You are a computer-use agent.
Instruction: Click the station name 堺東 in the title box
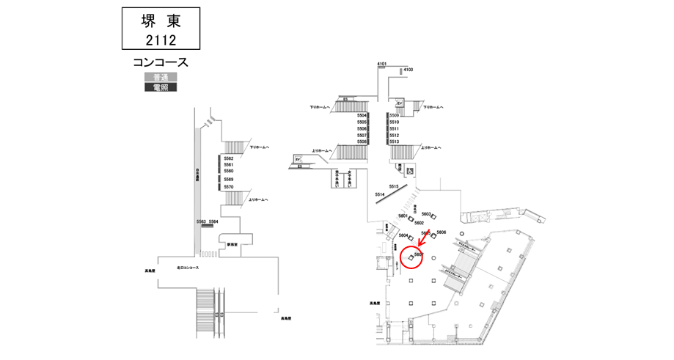click(159, 21)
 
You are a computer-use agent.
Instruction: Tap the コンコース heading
click(160, 63)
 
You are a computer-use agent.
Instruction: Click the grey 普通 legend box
click(160, 78)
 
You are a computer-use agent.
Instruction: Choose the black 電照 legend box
click(160, 88)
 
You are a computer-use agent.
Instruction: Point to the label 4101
click(381, 65)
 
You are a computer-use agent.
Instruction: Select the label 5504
click(362, 116)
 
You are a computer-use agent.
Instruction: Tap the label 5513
click(394, 142)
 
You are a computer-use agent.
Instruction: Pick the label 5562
click(228, 158)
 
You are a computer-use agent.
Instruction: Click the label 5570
click(228, 187)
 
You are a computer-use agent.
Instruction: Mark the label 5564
click(213, 221)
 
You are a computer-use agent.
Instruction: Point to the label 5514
click(380, 195)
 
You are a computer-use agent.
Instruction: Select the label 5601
click(403, 216)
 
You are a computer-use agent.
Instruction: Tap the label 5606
click(441, 232)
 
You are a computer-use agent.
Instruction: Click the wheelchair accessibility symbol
click(409, 171)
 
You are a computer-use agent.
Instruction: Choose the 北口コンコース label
click(188, 268)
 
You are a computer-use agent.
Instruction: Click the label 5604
click(403, 235)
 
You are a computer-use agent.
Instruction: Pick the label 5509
click(394, 116)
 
